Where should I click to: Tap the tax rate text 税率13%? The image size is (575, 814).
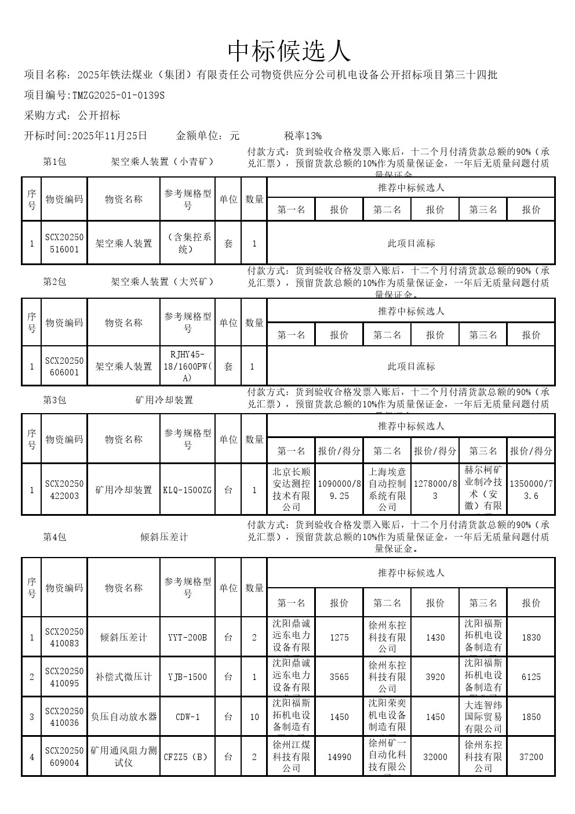point(303,136)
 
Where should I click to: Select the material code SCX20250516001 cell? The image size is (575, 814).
point(64,243)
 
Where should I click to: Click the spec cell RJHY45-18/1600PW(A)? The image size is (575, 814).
point(187,366)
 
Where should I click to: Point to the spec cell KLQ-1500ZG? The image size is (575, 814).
point(187,490)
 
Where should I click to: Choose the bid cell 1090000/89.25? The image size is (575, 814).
point(339,490)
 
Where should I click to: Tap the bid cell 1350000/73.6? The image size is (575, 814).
point(531,490)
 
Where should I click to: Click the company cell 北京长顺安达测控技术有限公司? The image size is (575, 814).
point(291,490)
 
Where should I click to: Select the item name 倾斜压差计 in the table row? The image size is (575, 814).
point(123,637)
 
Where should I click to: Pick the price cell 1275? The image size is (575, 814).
point(339,637)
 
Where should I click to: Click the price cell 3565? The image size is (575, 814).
point(339,677)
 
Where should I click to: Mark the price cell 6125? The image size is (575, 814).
point(531,677)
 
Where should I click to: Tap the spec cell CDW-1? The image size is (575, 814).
point(187,717)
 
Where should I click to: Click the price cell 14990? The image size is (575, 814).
point(339,757)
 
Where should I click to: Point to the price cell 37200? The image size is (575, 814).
point(531,757)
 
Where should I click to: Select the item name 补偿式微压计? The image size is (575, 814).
point(123,677)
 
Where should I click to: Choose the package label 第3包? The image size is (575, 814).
point(54,400)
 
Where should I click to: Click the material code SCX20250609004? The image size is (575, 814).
point(64,757)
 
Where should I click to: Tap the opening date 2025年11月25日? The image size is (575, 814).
point(108,136)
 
